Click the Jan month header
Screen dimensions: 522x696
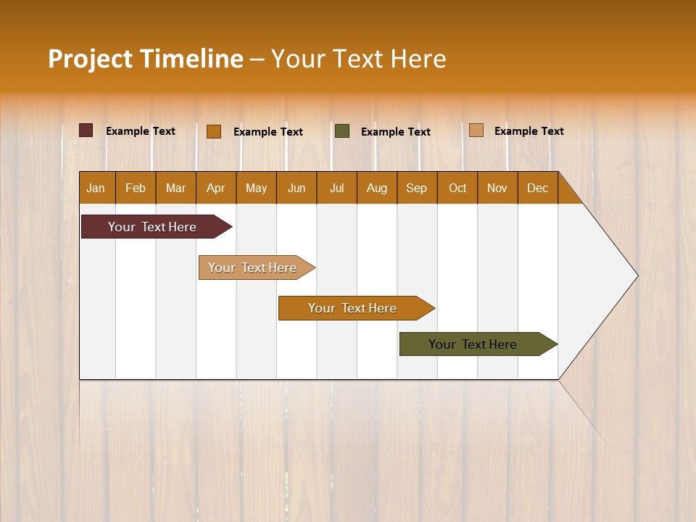click(x=96, y=188)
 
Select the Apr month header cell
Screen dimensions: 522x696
click(x=215, y=188)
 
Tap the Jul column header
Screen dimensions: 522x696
click(x=336, y=188)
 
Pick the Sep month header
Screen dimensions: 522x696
click(x=416, y=188)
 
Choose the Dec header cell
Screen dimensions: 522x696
click(x=537, y=188)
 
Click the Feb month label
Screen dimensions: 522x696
click(x=136, y=188)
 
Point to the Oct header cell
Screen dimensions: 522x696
click(x=457, y=188)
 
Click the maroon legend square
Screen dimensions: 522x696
click(x=86, y=130)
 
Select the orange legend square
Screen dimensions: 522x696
click(x=213, y=131)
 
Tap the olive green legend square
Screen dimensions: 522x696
click(x=342, y=131)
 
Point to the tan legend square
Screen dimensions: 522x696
click(x=476, y=130)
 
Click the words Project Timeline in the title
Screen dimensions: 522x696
click(x=146, y=59)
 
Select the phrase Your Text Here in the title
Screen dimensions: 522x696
click(x=358, y=59)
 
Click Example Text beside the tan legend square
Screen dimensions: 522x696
click(x=529, y=131)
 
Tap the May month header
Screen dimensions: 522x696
click(x=256, y=188)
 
